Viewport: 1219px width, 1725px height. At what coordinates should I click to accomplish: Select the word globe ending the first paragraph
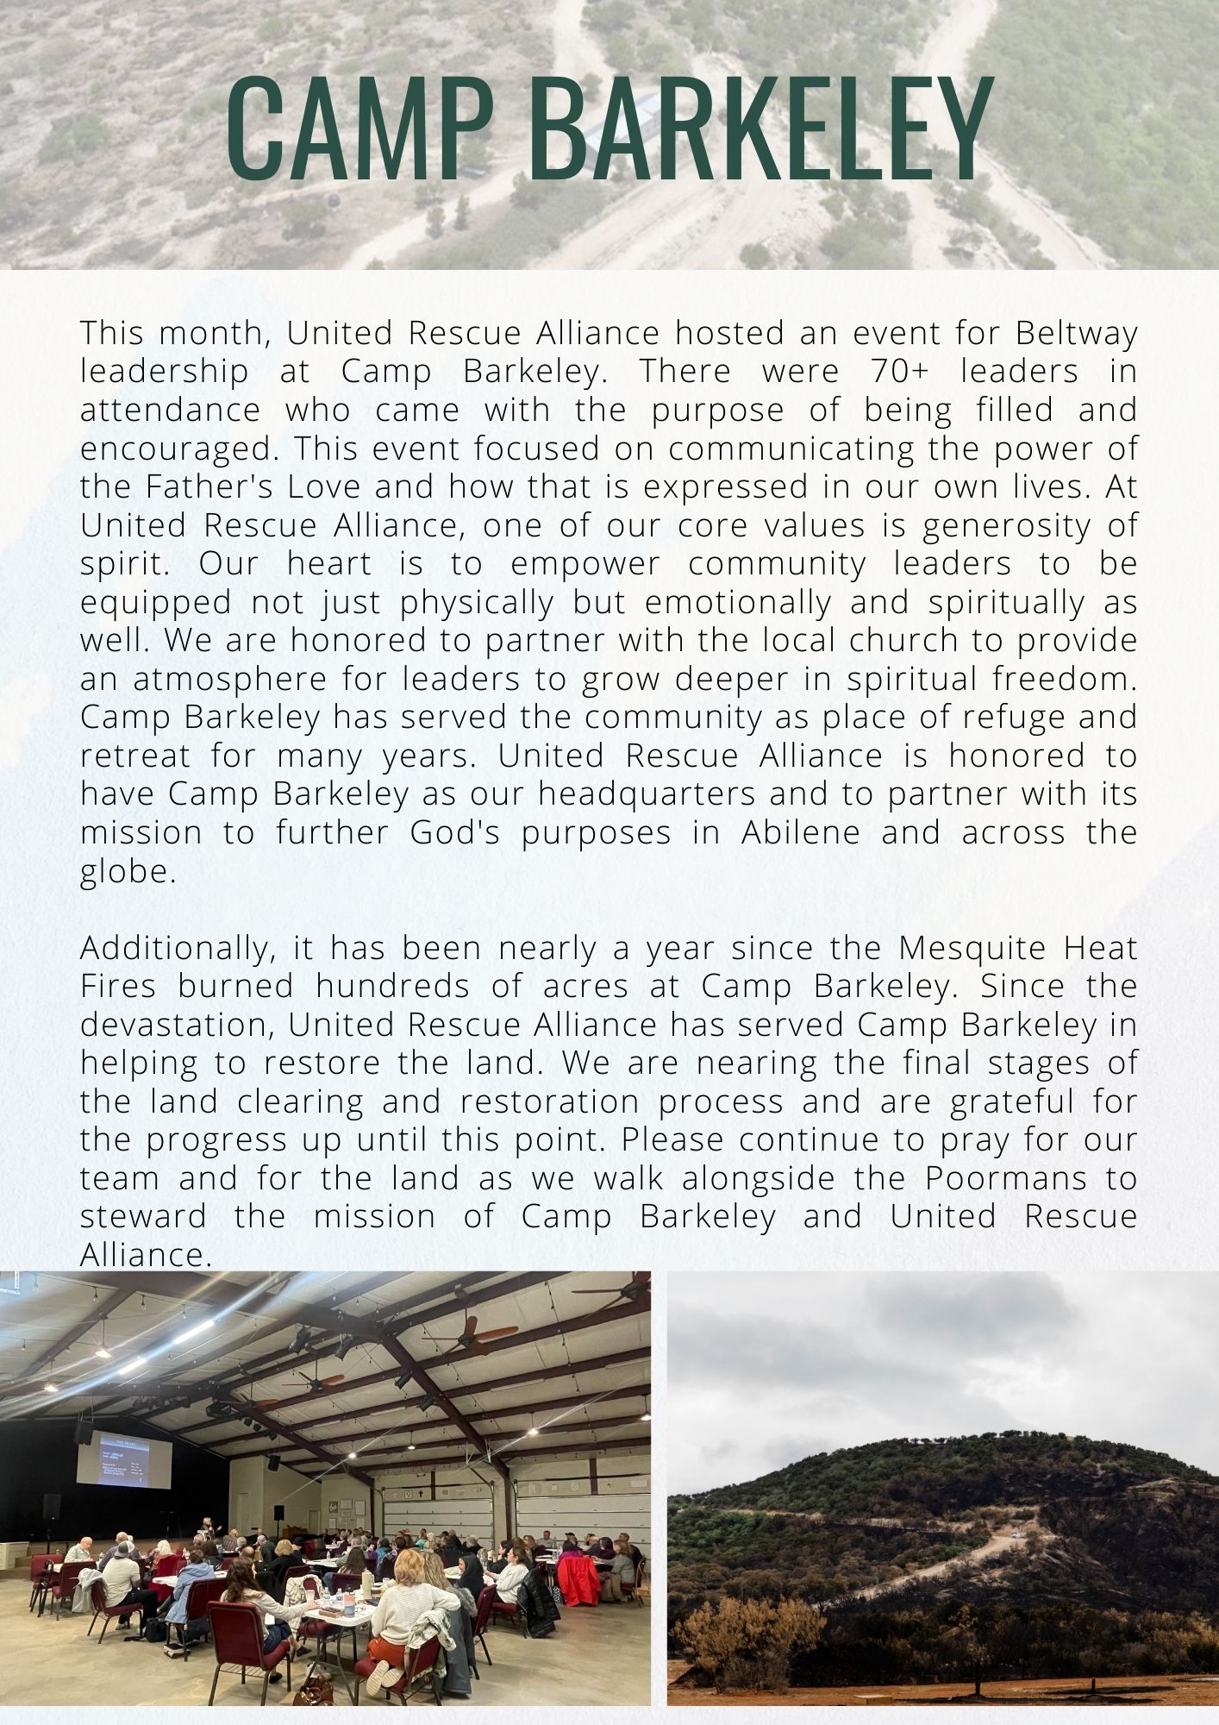coord(128,871)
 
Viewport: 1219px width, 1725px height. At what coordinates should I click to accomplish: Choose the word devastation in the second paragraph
coord(178,1025)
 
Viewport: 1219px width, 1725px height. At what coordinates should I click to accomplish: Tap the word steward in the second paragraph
coord(143,1216)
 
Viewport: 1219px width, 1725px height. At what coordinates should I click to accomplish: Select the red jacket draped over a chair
coord(577,1575)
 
